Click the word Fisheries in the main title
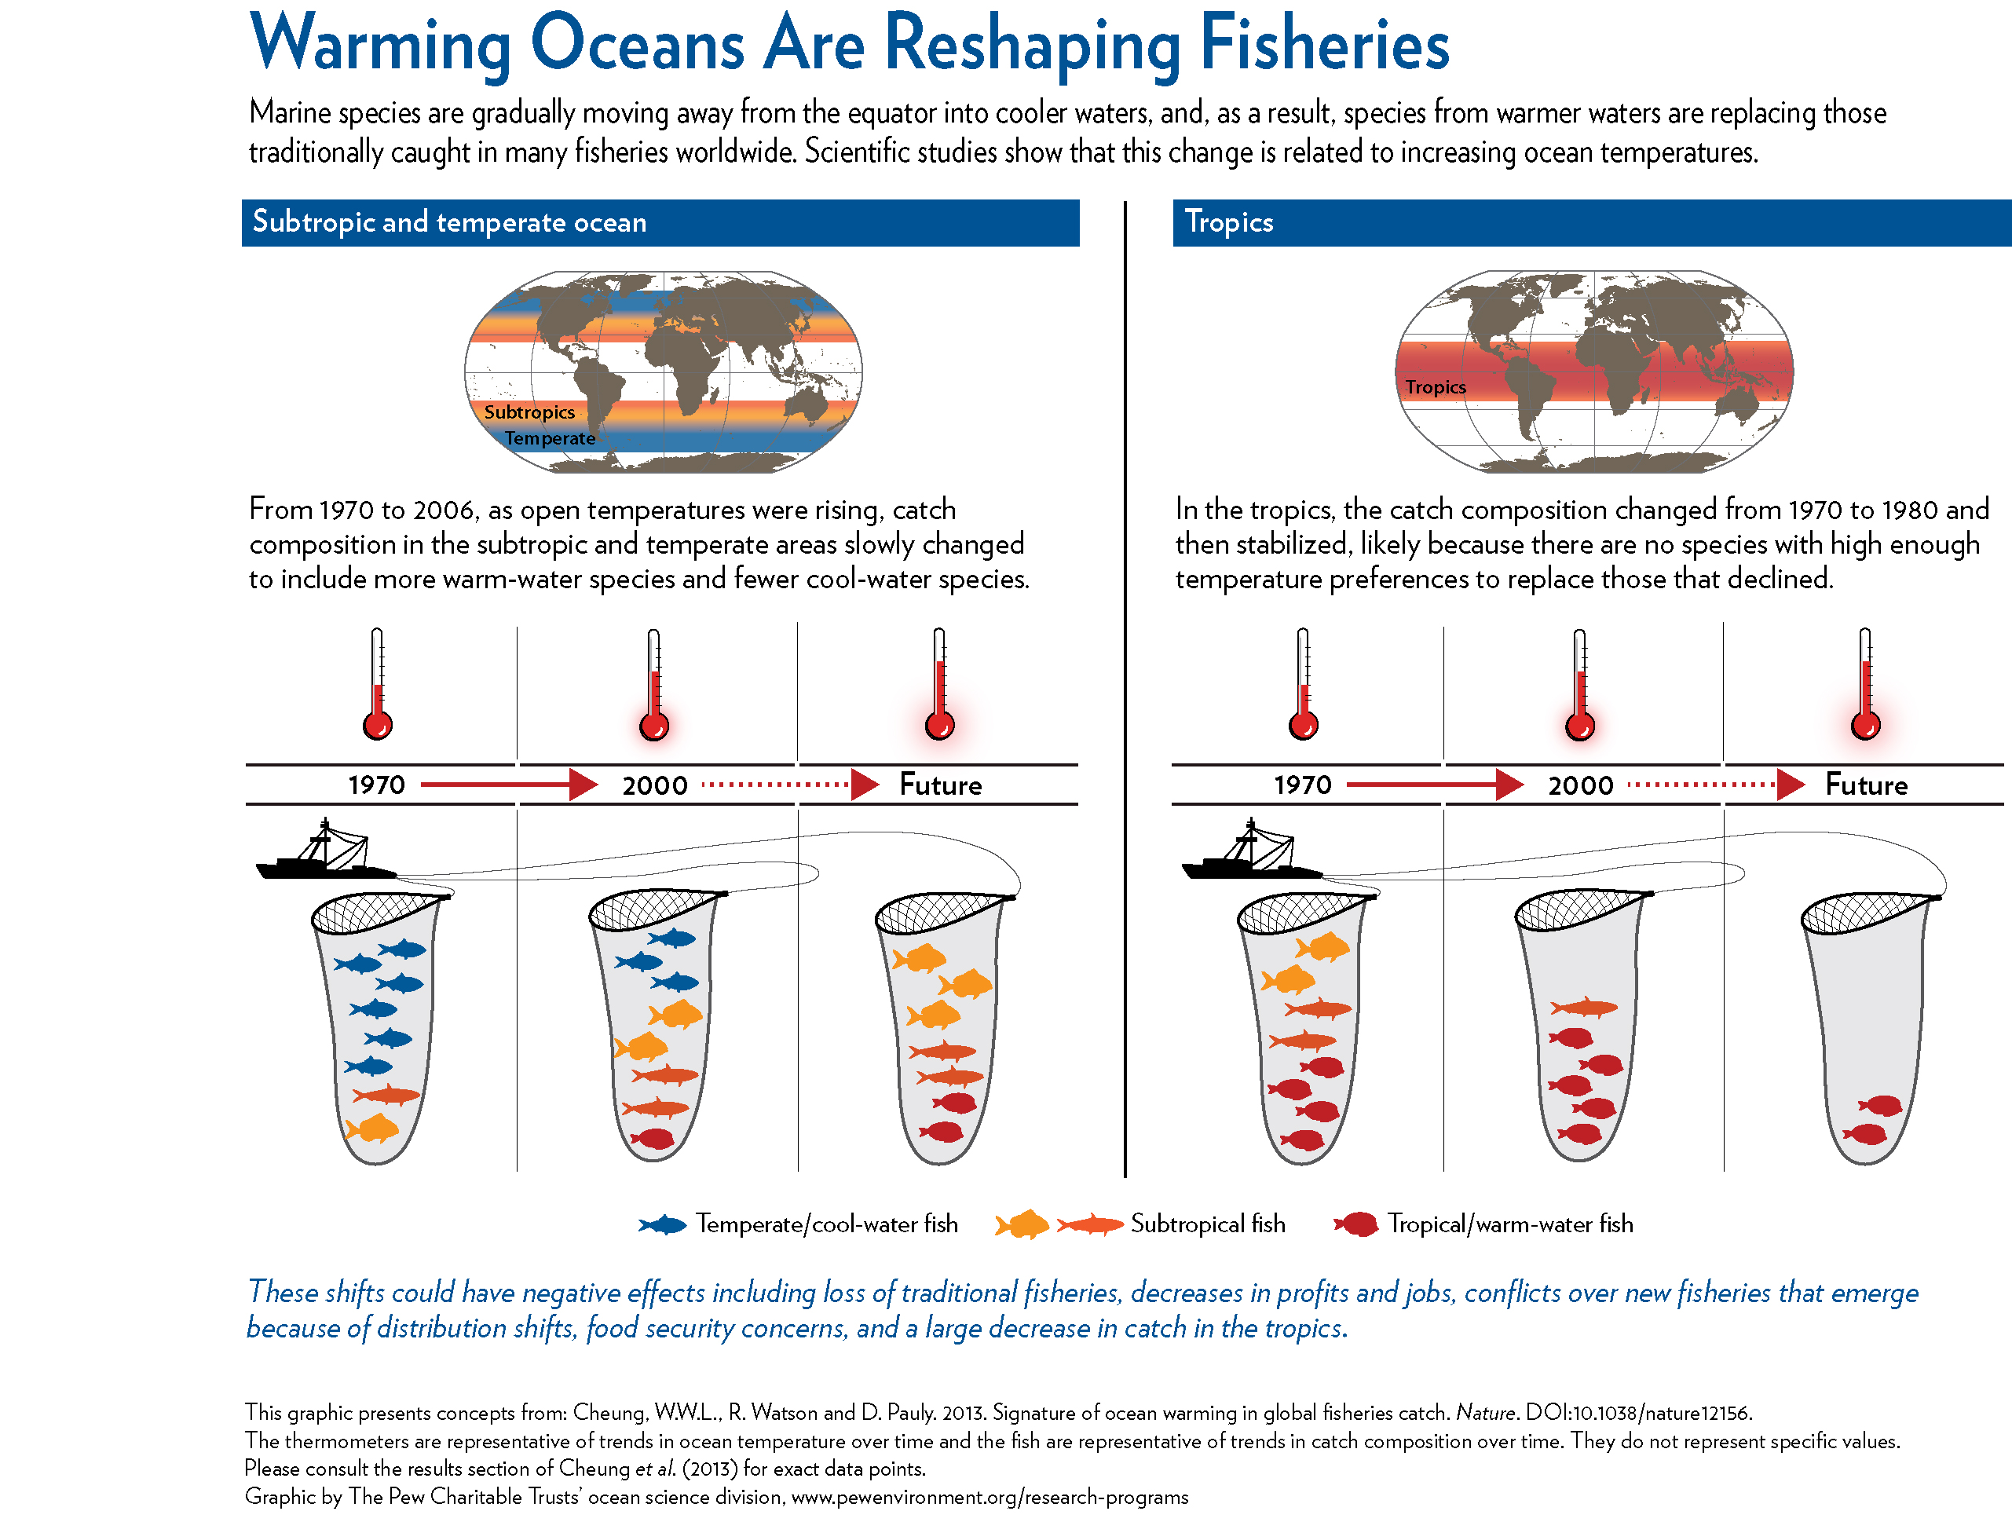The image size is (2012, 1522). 1323,44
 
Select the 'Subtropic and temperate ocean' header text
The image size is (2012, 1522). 449,222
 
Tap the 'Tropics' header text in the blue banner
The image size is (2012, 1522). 1228,222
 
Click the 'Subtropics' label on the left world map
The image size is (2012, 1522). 529,412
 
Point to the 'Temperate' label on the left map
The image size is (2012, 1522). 550,438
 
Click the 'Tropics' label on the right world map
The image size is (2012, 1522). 1436,387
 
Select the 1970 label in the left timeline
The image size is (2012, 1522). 377,785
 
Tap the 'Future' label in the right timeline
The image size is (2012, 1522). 1866,785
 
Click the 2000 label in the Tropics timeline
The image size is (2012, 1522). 1580,786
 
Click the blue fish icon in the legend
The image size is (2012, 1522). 662,1224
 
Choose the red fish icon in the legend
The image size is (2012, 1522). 1356,1224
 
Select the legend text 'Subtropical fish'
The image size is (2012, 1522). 1207,1224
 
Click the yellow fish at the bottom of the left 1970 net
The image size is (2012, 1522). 373,1129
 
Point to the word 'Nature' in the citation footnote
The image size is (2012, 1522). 1485,1413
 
